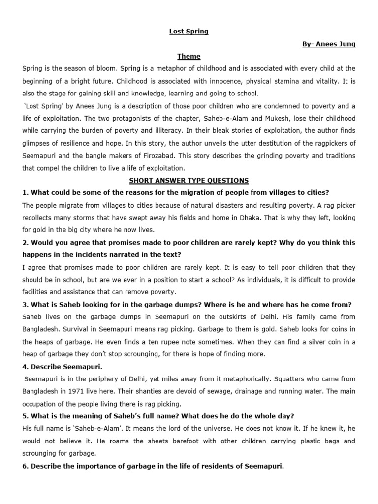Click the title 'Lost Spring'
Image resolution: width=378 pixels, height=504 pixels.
tap(189, 31)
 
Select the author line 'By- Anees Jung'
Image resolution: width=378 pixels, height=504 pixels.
tap(328, 44)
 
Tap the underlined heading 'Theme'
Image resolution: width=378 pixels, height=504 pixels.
tap(189, 57)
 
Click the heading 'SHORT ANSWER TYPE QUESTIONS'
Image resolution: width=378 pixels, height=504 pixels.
tap(189, 180)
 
